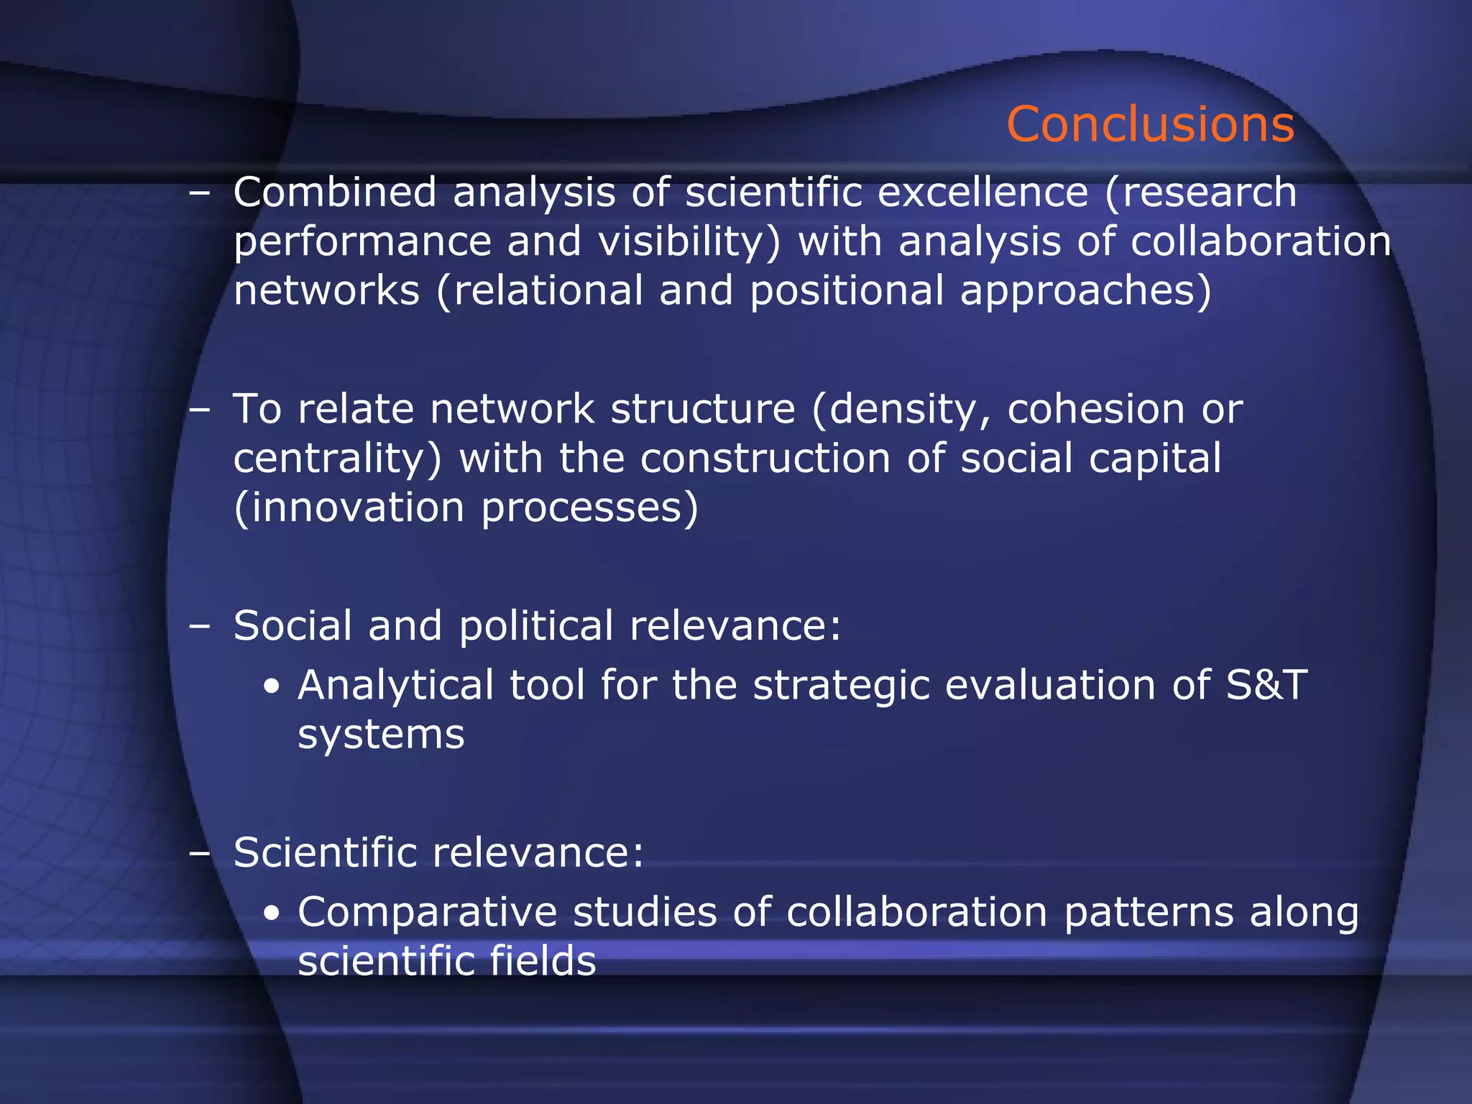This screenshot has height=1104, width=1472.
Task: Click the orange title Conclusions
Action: (x=1150, y=124)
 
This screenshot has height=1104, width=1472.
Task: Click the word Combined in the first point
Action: (x=335, y=193)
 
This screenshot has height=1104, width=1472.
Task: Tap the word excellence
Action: (x=983, y=193)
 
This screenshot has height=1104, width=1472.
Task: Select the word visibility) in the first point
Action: (x=689, y=242)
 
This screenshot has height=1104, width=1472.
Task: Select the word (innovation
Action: (x=349, y=507)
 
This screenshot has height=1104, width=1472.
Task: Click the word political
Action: (x=536, y=626)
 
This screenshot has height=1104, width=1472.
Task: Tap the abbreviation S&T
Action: (x=1266, y=685)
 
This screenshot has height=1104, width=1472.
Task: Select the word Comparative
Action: (x=427, y=913)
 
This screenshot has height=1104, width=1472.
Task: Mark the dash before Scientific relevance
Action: (x=199, y=853)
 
